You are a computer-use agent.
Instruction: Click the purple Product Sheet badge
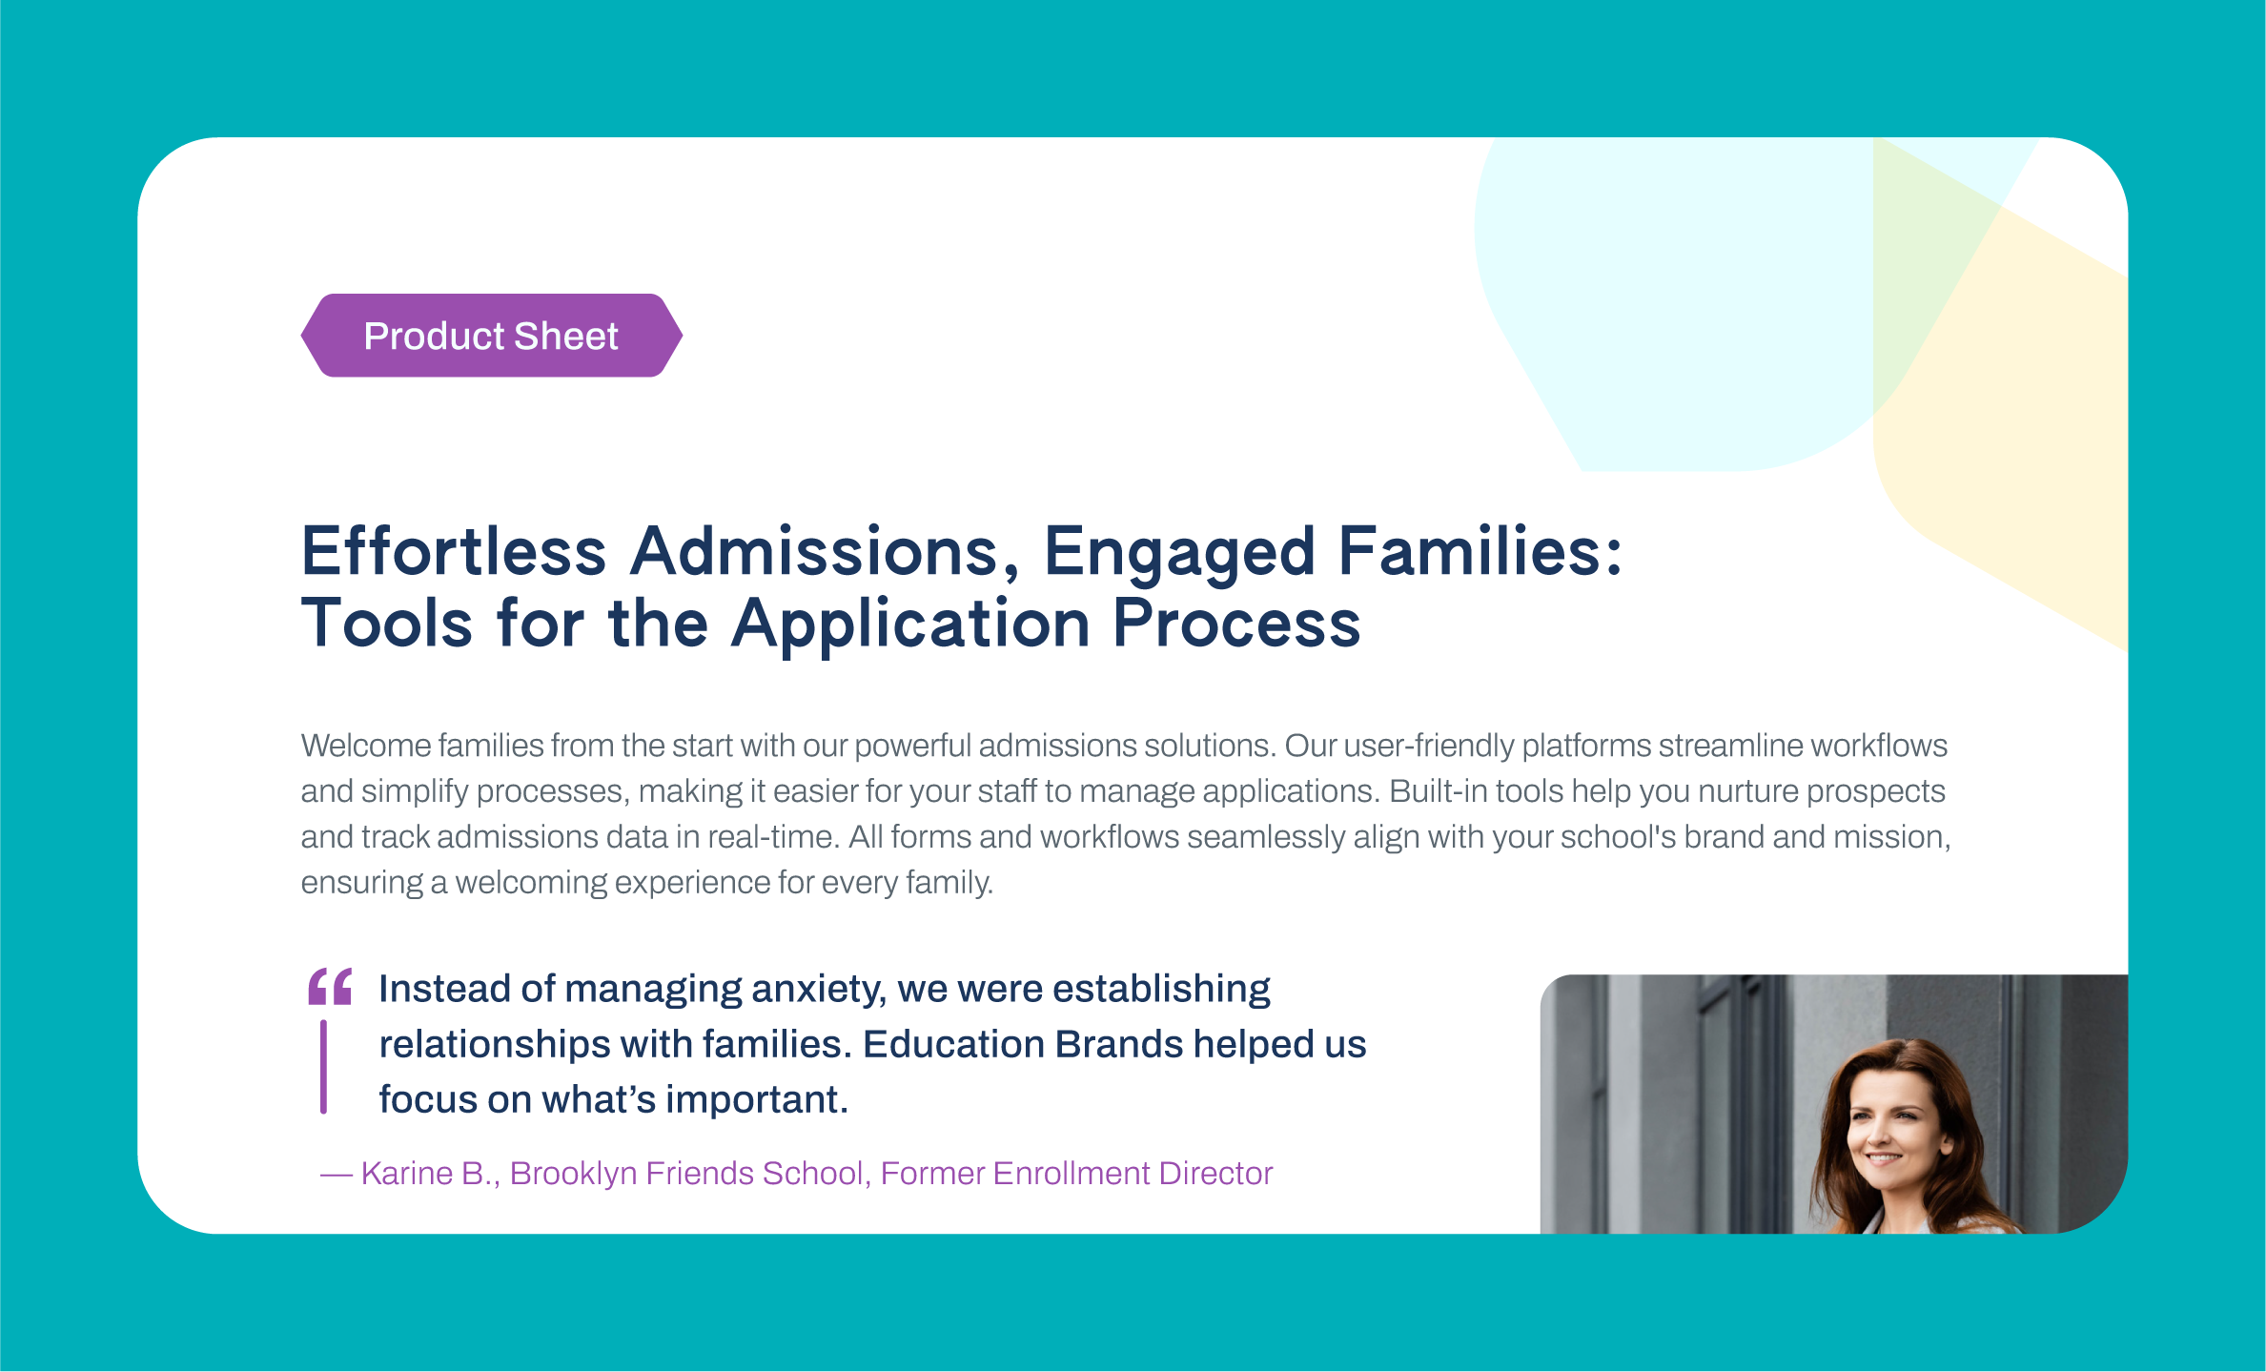click(492, 336)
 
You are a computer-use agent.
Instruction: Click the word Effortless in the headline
click(454, 552)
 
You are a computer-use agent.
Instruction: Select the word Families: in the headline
click(1480, 552)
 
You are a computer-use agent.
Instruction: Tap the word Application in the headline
click(911, 624)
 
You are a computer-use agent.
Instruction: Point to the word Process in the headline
click(1237, 624)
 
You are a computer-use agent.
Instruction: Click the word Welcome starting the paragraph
click(366, 746)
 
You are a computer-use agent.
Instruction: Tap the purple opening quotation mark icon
click(330, 987)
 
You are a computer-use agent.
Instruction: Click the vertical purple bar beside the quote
click(324, 1067)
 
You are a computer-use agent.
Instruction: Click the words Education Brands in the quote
click(1023, 1044)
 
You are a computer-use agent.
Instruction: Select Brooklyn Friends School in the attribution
click(686, 1173)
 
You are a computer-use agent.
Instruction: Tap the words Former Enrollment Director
click(1076, 1173)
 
